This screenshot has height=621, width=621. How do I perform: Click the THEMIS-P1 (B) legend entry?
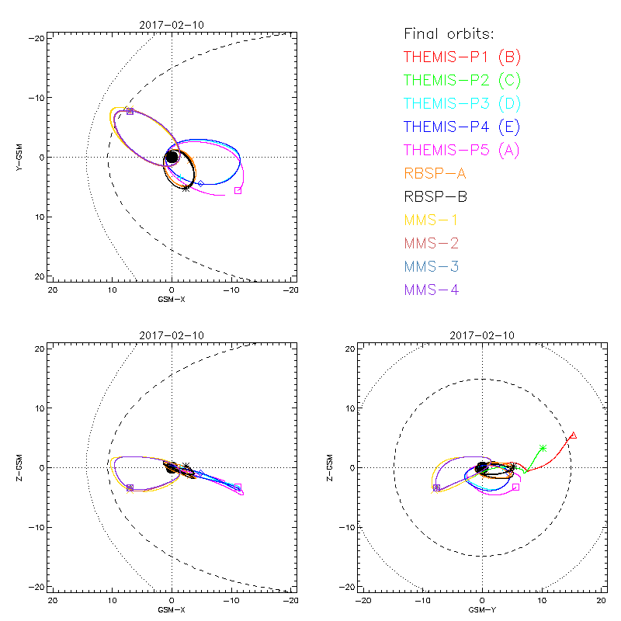(x=461, y=57)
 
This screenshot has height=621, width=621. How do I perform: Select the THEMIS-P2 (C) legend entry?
(x=461, y=80)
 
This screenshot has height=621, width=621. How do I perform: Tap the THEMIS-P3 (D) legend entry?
(x=461, y=103)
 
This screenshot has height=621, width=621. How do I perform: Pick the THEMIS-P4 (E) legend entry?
(x=461, y=127)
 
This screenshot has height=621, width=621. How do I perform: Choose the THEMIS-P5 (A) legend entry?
(x=461, y=150)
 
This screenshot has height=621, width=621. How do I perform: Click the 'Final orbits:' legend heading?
(x=449, y=33)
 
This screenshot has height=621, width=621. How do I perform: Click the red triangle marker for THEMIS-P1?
(x=573, y=435)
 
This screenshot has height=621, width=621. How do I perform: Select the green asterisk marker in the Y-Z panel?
(x=543, y=448)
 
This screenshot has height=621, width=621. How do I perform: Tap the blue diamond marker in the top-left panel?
(x=200, y=183)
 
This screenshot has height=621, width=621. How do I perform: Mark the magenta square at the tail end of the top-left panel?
(x=238, y=190)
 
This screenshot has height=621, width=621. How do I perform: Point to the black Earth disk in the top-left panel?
(x=172, y=158)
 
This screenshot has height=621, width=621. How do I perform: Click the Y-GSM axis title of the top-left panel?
(x=21, y=158)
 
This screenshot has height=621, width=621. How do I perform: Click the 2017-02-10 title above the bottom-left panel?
(x=172, y=336)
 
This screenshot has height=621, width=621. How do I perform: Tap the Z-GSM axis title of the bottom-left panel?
(x=21, y=467)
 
